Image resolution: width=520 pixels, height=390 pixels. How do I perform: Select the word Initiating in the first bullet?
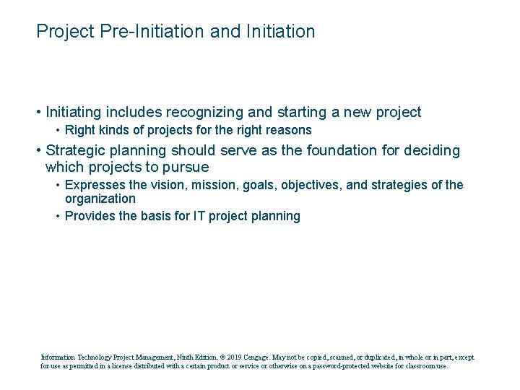[74, 113]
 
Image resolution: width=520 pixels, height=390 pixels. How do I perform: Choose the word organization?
[100, 199]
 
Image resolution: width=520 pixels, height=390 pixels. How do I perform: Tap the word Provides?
[89, 217]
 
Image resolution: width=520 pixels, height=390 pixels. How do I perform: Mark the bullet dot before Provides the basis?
[58, 217]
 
